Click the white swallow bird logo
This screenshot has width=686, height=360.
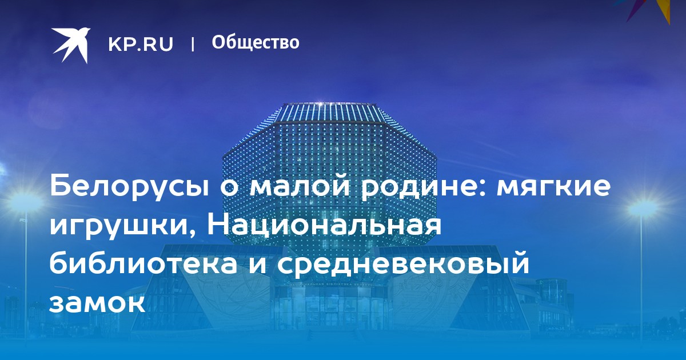(71, 45)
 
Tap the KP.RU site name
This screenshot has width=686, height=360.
(141, 44)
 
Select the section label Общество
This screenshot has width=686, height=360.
(256, 42)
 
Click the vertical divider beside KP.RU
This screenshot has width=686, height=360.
(193, 44)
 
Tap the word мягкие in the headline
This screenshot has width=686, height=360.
(553, 186)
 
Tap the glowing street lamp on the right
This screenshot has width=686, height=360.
(643, 209)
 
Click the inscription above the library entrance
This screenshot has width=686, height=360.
(332, 285)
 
